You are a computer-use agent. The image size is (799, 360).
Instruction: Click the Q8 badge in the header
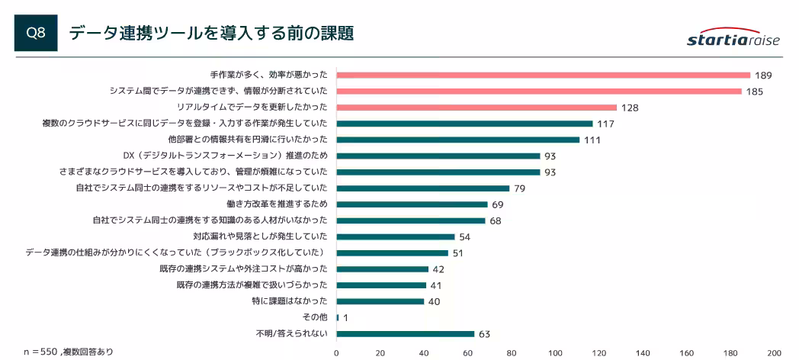coord(36,33)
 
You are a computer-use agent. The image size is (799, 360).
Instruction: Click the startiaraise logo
coord(733,39)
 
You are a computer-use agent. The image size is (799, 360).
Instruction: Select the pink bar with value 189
coord(543,75)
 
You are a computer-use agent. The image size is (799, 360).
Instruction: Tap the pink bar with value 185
coord(538,92)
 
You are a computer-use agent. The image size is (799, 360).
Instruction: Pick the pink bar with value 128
coord(477,108)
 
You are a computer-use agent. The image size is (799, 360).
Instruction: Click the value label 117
coord(606,124)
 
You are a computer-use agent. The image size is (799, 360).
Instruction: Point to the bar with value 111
coord(457,140)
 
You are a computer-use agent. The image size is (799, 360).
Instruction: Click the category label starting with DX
coord(225,156)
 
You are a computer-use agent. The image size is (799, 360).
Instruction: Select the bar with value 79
coord(422,188)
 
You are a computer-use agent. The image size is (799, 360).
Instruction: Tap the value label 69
coord(497,204)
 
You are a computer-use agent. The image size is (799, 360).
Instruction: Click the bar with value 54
coord(395,236)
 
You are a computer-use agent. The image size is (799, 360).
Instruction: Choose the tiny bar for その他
coord(338,317)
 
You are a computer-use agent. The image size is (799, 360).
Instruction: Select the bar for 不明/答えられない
coord(405,333)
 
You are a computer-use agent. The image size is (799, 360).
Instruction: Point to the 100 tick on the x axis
coord(555,352)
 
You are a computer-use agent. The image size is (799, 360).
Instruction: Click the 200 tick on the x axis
coord(774,352)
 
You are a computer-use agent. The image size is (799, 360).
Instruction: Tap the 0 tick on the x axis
coord(336,352)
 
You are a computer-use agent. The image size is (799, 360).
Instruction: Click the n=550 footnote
coord(68,352)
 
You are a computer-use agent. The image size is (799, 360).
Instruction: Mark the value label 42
coord(438,269)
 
